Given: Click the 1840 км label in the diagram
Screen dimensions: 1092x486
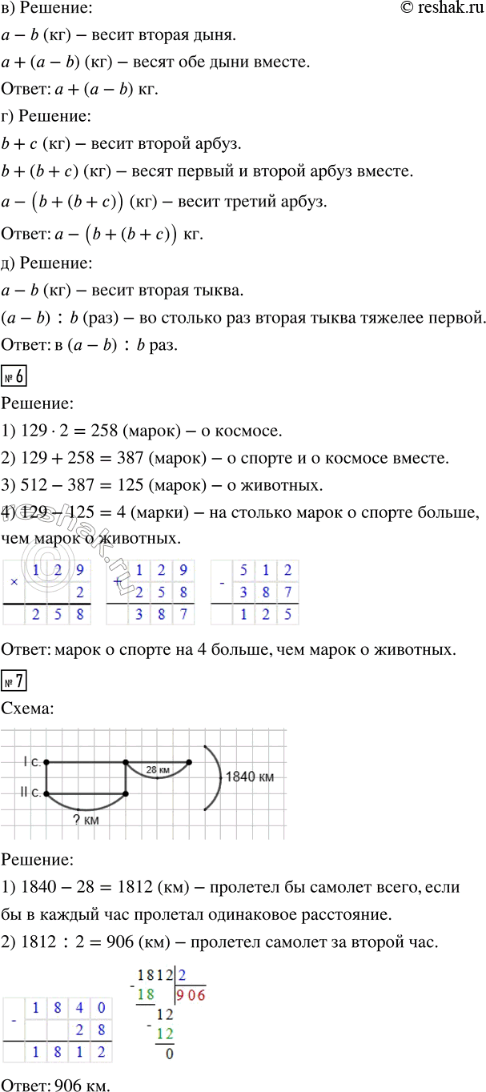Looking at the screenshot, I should [x=251, y=777].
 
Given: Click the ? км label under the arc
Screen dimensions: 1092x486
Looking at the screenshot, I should [x=85, y=819].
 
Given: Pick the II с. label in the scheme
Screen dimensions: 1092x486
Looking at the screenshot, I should [x=30, y=793].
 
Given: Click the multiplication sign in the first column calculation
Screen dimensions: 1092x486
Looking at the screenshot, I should [x=14, y=580].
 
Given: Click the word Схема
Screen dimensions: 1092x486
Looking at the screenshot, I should [x=29, y=709].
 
